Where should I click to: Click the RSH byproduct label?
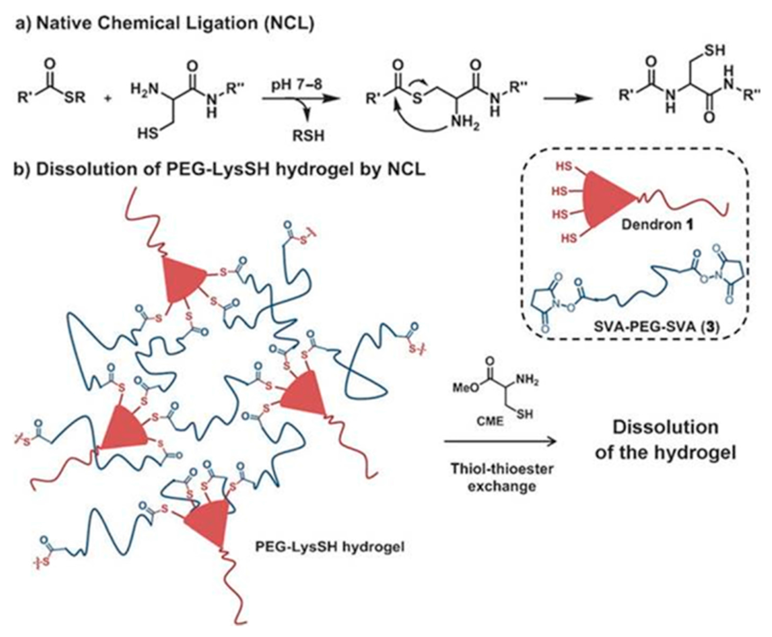tap(308, 136)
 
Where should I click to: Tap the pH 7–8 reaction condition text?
tap(296, 85)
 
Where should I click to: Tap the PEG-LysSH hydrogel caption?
tap(330, 547)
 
